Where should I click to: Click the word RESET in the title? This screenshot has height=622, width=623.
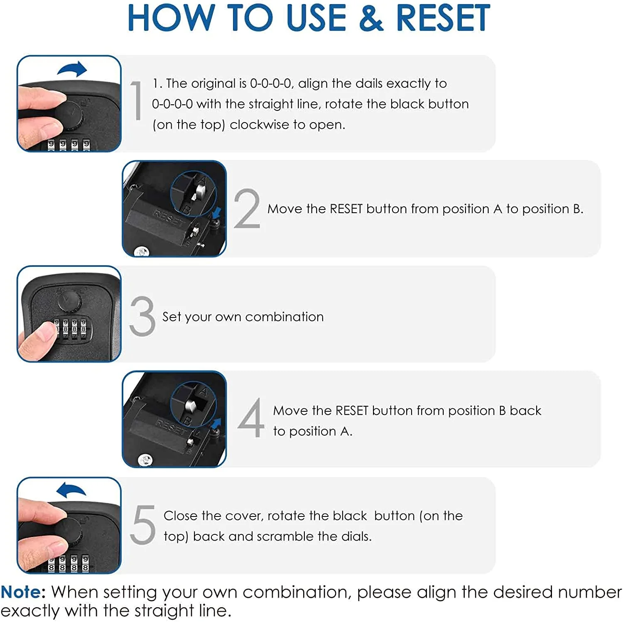coord(443,18)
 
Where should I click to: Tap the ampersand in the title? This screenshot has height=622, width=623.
coord(371,18)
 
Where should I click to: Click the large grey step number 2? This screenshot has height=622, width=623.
coord(247,208)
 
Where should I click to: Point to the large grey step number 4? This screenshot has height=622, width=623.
coord(251,418)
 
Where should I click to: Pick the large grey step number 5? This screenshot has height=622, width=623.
coord(142,524)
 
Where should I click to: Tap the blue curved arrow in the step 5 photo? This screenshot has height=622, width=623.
coord(71,490)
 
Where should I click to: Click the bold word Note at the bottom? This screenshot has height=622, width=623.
coord(23,592)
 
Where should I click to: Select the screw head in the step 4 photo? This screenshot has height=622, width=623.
coord(145,459)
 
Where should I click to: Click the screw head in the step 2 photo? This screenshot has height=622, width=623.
coord(142,251)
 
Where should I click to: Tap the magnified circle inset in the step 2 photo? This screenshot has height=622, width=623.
coord(193,194)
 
